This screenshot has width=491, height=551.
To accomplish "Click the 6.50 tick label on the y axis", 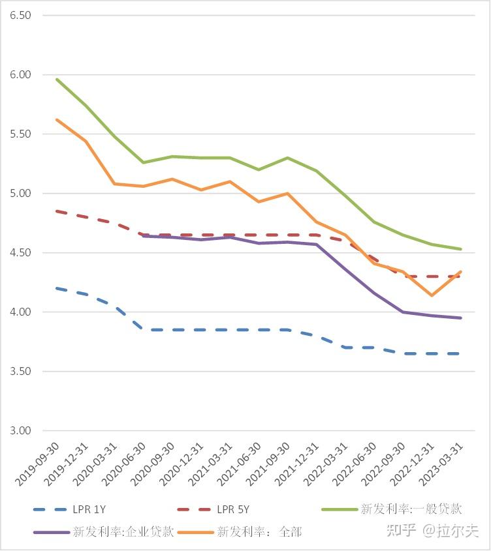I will click(20, 15).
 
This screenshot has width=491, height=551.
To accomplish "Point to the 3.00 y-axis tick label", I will click(20, 431).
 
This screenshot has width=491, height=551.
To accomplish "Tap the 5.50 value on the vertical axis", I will click(20, 134).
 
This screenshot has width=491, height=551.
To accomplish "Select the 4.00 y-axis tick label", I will click(20, 312).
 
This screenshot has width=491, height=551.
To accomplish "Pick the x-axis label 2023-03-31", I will click(443, 464).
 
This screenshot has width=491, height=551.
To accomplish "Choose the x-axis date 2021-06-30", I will click(241, 464).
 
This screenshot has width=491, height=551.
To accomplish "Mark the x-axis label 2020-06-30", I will click(125, 464).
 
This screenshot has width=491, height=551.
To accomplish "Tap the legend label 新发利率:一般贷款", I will click(411, 509).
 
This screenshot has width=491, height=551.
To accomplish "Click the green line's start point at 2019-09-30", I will click(57, 79).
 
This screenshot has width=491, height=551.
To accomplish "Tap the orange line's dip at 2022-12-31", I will click(432, 295).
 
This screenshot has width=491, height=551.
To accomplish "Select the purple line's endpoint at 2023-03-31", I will click(461, 318).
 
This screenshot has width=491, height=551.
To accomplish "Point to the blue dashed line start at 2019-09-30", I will click(57, 288).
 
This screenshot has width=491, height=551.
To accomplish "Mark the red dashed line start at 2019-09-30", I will click(57, 211).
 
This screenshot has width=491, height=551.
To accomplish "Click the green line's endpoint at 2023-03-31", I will click(461, 249).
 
